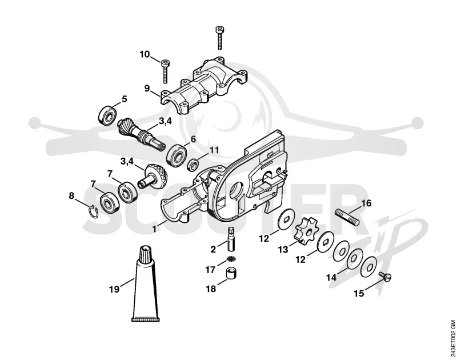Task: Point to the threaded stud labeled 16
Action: (347, 217)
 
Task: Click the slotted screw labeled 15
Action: (384, 277)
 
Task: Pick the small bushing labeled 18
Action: (231, 274)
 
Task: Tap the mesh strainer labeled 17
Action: (231, 258)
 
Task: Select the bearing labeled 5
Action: (107, 116)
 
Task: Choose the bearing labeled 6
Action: (176, 154)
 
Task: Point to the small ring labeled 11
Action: (193, 165)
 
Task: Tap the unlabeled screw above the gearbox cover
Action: (220, 37)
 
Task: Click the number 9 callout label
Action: (147, 88)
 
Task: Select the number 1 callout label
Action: (155, 228)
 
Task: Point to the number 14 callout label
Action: (331, 277)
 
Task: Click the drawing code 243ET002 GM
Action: (452, 338)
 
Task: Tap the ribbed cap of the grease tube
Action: (146, 255)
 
